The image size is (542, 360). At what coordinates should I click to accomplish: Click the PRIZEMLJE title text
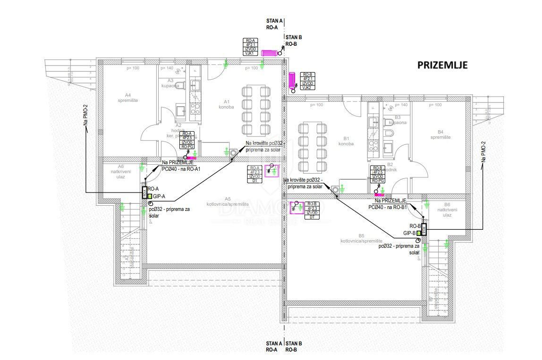click(442, 65)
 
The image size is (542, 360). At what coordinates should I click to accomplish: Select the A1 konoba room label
click(226, 104)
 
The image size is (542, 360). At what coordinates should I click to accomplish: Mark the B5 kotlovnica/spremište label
click(361, 238)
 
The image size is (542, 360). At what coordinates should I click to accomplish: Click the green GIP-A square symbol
click(150, 196)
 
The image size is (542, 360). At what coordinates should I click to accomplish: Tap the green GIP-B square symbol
click(418, 233)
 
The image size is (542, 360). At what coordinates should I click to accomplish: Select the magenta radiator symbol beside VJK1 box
click(271, 53)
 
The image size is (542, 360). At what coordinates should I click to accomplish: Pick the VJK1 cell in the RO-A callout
click(250, 53)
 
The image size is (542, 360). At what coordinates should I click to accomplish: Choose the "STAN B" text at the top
click(294, 37)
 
